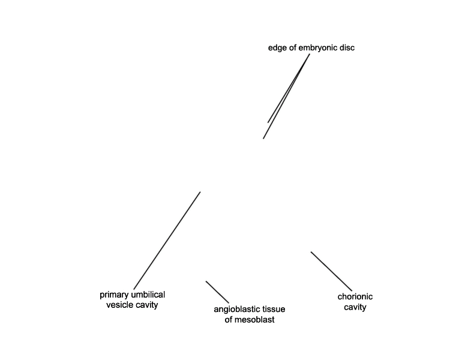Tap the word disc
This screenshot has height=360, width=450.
347,47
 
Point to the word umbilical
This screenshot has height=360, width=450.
148,295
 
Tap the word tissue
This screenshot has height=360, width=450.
274,309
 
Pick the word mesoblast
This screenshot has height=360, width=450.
254,320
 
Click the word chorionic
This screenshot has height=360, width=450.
355,296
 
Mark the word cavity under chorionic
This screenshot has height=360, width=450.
355,307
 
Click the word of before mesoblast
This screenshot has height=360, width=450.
229,320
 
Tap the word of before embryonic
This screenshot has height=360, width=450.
293,47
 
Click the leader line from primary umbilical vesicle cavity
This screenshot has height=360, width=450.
167,241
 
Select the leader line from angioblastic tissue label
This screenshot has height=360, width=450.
218,292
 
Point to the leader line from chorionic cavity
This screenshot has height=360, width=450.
331,271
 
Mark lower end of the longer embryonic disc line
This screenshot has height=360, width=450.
263,139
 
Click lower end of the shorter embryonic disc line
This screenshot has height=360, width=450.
268,122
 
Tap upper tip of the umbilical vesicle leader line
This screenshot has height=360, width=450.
200,192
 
